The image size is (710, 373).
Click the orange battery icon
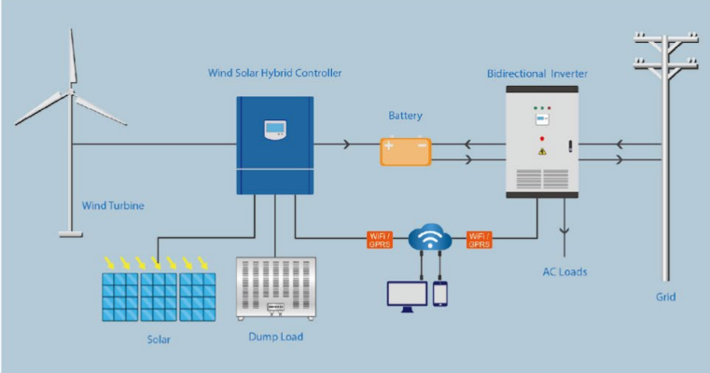click(405, 151)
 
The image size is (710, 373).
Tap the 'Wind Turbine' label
click(113, 206)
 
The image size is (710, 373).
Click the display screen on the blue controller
click(274, 130)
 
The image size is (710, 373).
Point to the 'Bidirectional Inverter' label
click(537, 73)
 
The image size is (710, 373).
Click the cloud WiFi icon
click(429, 239)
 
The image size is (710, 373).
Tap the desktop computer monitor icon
click(407, 293)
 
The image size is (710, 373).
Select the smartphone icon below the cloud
click(439, 293)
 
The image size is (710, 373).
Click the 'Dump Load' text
click(277, 337)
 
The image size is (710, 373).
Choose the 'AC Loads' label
click(565, 272)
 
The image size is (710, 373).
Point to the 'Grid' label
click(665, 297)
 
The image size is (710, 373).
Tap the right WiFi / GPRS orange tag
click(480, 240)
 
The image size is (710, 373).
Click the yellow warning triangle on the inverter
click(541, 150)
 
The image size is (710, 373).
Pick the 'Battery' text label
click(406, 117)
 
